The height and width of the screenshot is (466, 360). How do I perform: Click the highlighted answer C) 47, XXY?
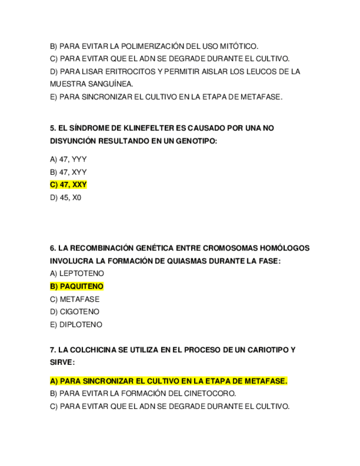[x=68, y=185]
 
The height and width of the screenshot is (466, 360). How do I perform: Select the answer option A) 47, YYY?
[x=68, y=159]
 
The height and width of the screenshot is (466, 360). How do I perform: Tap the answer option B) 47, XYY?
[x=68, y=172]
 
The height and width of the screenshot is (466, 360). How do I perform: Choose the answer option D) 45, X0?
[x=65, y=198]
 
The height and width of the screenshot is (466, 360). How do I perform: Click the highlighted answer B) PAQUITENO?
[x=76, y=286]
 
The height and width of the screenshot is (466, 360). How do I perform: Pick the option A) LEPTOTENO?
[x=77, y=274]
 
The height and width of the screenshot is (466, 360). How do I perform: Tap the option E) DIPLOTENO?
[x=76, y=325]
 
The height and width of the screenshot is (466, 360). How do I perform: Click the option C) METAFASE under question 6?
[x=75, y=299]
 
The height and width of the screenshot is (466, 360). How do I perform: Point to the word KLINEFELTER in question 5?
[x=125, y=128]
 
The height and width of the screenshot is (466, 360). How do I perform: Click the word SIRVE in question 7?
[x=61, y=363]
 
